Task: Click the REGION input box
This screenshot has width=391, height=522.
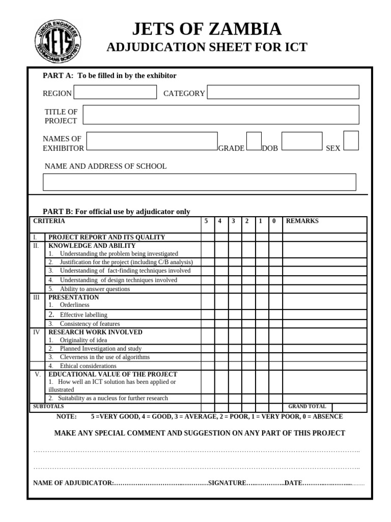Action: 115,92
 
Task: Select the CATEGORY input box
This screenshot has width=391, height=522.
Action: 283,92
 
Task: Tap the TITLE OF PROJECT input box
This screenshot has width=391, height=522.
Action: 220,115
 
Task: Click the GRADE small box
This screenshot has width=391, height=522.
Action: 254,141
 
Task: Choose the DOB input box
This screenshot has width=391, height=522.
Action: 301,141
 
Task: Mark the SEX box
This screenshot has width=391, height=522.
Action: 351,141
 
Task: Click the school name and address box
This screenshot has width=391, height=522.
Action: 199,182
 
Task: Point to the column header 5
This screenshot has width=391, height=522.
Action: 206,221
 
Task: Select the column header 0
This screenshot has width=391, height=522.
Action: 274,221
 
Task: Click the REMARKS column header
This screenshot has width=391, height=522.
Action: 302,221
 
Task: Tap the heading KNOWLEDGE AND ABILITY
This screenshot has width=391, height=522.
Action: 92,246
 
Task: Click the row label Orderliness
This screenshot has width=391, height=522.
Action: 74,305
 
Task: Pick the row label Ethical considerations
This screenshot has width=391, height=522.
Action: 89,366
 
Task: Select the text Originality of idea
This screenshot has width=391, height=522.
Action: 83,340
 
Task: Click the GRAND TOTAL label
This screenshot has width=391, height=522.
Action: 307,407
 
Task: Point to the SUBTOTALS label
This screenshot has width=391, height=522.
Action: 48,407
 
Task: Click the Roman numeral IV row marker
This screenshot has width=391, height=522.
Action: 36,332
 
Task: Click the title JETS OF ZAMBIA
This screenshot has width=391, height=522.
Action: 207,29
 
